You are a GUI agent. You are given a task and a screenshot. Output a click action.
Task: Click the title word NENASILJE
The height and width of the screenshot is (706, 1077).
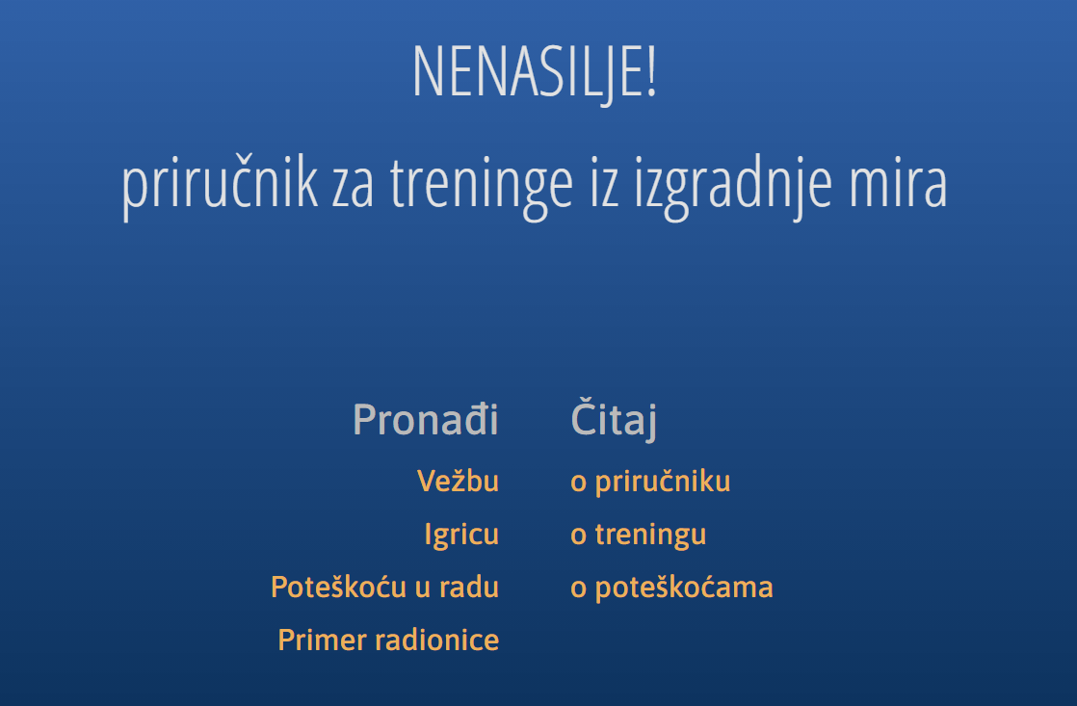[528, 73]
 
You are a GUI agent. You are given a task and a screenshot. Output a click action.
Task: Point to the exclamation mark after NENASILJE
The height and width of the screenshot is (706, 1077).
[651, 73]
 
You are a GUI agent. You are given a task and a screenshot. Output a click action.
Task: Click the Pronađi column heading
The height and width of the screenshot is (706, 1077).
[425, 420]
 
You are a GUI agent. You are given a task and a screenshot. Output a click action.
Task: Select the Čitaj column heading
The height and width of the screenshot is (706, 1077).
[613, 420]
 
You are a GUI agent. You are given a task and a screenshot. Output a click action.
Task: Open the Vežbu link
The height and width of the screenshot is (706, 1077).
[458, 481]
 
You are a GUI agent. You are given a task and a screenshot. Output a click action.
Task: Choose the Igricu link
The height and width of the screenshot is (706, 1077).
[461, 534]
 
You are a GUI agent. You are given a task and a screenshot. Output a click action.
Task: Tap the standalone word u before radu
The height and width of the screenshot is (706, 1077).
[423, 588]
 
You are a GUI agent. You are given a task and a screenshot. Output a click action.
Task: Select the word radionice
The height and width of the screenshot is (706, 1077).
[440, 640]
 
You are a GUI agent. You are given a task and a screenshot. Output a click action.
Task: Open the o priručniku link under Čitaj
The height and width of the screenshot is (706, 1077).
[650, 482]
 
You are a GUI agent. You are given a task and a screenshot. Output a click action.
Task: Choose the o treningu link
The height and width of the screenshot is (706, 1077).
[638, 534]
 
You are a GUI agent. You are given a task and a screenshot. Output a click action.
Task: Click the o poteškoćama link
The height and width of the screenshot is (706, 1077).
[671, 587]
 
